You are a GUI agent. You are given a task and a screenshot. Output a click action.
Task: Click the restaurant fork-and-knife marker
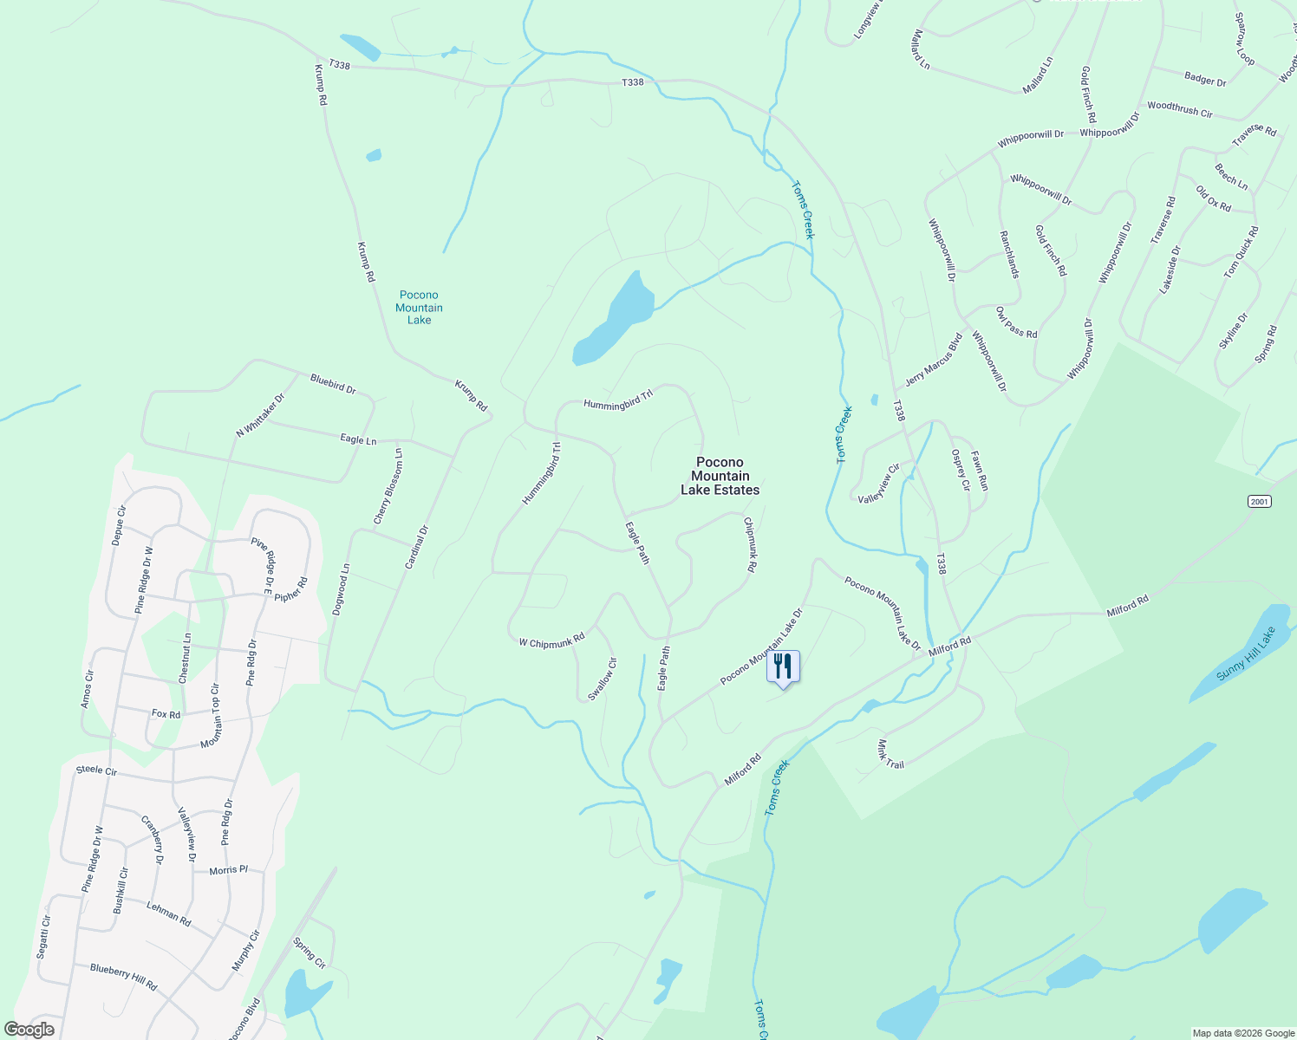click(x=783, y=666)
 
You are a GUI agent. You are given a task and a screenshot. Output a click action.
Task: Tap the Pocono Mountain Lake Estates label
click(x=720, y=477)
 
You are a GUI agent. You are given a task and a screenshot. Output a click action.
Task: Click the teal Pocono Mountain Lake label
click(x=419, y=308)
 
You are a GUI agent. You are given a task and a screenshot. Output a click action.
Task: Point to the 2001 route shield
click(x=1259, y=502)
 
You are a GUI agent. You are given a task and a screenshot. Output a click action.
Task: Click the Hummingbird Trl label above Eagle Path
click(x=617, y=400)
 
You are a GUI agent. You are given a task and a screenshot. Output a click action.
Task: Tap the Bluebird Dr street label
click(x=333, y=384)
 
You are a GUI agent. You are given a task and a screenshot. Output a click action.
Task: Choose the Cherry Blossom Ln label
click(x=388, y=486)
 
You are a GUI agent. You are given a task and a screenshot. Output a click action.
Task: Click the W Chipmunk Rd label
click(x=551, y=642)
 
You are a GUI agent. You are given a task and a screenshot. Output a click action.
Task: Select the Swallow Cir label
click(x=602, y=679)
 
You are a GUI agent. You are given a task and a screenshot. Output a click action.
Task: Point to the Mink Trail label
click(x=890, y=754)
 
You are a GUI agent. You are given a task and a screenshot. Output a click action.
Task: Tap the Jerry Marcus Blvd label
click(x=933, y=360)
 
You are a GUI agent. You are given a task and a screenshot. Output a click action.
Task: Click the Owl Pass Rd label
click(x=1016, y=322)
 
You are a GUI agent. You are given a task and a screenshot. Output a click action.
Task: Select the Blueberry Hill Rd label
click(x=124, y=976)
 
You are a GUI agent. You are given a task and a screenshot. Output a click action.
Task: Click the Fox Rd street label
click(x=166, y=714)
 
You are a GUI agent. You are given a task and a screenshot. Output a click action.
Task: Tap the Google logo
click(x=29, y=1030)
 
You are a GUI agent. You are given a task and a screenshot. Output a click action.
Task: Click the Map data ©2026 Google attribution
click(x=1242, y=1033)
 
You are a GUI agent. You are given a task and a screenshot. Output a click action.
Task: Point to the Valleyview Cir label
click(x=879, y=484)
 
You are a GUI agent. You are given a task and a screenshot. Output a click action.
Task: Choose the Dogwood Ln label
click(x=341, y=590)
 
